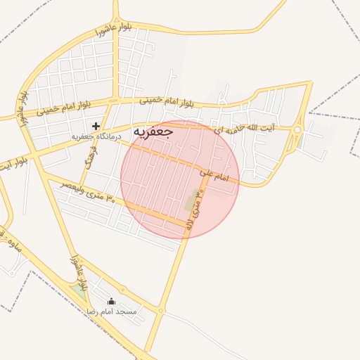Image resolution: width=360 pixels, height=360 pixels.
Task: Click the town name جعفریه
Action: [153, 131]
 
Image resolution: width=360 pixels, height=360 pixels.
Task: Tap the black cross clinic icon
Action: [96, 126]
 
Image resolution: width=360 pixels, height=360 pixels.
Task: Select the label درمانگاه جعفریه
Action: [96, 136]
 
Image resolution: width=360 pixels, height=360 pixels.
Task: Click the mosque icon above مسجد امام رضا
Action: [111, 301]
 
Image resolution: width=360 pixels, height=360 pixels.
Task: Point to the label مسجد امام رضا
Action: [112, 310]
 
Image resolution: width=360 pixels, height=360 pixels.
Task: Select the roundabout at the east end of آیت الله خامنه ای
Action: [297, 129]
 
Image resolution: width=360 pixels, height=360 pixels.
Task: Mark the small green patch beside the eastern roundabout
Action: [300, 141]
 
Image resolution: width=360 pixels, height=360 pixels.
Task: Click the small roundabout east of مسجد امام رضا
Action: [161, 309]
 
